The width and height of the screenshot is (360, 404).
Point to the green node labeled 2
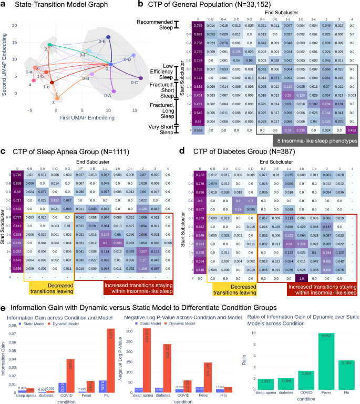click(x=49, y=45)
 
